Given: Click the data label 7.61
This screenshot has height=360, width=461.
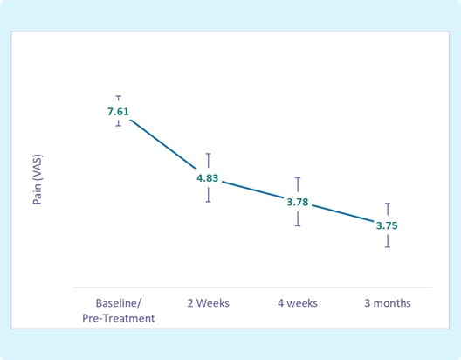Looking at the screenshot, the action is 118,112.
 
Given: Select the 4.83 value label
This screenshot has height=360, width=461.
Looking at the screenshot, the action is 208,178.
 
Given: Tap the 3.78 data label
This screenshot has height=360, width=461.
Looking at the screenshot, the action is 298,202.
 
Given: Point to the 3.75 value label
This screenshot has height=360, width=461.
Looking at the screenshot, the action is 387,225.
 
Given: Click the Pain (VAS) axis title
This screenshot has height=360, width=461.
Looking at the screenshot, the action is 38,179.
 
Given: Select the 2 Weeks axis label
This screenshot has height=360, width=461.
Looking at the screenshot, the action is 208,303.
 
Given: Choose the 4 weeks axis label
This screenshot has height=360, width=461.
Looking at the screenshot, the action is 298,303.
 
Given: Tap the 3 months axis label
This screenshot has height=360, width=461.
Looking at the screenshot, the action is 388,303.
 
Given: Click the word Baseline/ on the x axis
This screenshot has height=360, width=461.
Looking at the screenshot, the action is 119,303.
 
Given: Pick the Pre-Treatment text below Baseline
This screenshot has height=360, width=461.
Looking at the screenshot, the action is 119,318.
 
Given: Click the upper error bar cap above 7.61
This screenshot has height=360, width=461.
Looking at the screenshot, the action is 119,96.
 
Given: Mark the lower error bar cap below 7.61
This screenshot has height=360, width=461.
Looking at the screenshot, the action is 119,126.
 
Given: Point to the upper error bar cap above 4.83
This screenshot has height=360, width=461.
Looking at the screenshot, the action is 208,154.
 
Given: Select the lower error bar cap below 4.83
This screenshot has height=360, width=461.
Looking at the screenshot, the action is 208,202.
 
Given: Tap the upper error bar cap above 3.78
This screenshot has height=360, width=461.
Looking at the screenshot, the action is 298,178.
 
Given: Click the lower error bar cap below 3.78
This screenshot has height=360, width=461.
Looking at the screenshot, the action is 298,225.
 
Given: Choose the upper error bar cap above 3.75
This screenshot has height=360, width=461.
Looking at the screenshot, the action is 388,204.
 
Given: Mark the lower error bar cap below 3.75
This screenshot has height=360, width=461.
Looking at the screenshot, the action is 388,246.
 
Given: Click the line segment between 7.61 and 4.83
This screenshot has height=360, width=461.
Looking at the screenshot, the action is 163,144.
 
